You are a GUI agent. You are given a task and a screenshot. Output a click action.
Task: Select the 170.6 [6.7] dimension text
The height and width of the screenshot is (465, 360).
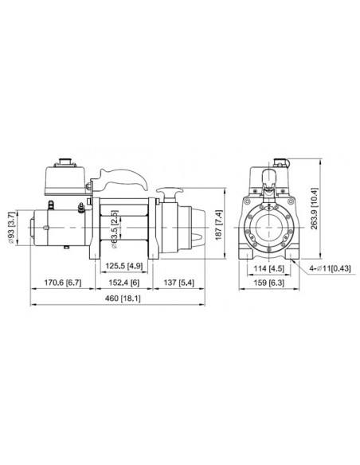pos(62,281)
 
